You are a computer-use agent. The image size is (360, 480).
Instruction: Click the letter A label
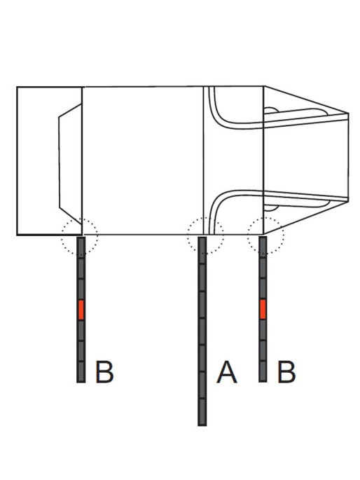coord(227,372)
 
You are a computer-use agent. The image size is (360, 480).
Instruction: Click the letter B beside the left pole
coord(104,372)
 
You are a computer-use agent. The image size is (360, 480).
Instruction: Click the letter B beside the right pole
coord(286,372)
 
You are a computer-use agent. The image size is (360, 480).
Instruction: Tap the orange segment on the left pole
coord(81,310)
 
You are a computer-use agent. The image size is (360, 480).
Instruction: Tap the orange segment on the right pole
coord(263,309)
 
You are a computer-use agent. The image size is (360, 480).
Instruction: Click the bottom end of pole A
coord(202,425)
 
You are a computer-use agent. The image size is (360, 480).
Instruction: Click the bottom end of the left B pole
coord(81,382)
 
